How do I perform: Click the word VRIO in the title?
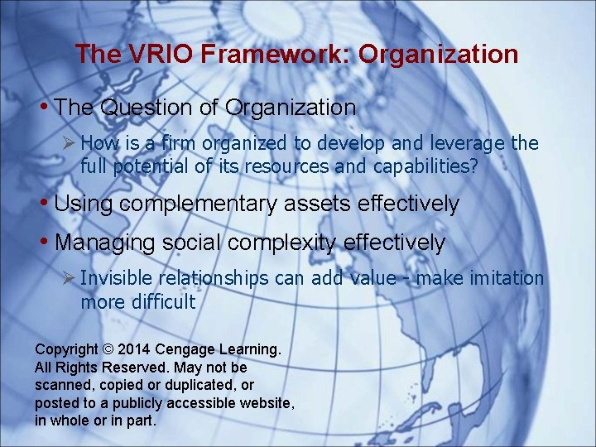click(155, 55)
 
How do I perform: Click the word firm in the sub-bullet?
click(179, 143)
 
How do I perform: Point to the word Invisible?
click(115, 278)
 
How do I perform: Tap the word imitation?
click(508, 278)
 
